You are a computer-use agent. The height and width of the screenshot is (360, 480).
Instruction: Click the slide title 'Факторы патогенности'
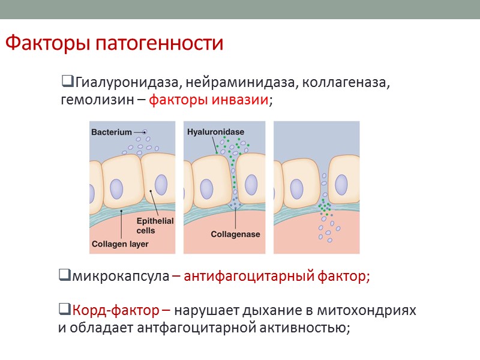[x=114, y=44]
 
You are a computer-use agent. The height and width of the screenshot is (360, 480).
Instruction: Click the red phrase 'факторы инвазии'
[x=208, y=100]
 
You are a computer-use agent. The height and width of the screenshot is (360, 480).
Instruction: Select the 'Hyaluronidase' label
[x=215, y=131]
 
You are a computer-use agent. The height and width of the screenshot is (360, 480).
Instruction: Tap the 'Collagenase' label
[x=236, y=234]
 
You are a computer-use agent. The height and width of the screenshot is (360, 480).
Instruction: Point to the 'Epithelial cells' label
[x=155, y=226]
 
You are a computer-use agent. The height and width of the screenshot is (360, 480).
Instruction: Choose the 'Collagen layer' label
[x=120, y=244]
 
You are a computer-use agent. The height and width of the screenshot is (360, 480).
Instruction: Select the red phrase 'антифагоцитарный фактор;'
[x=277, y=277]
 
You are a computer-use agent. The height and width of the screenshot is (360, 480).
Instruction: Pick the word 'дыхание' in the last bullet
[x=269, y=311]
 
